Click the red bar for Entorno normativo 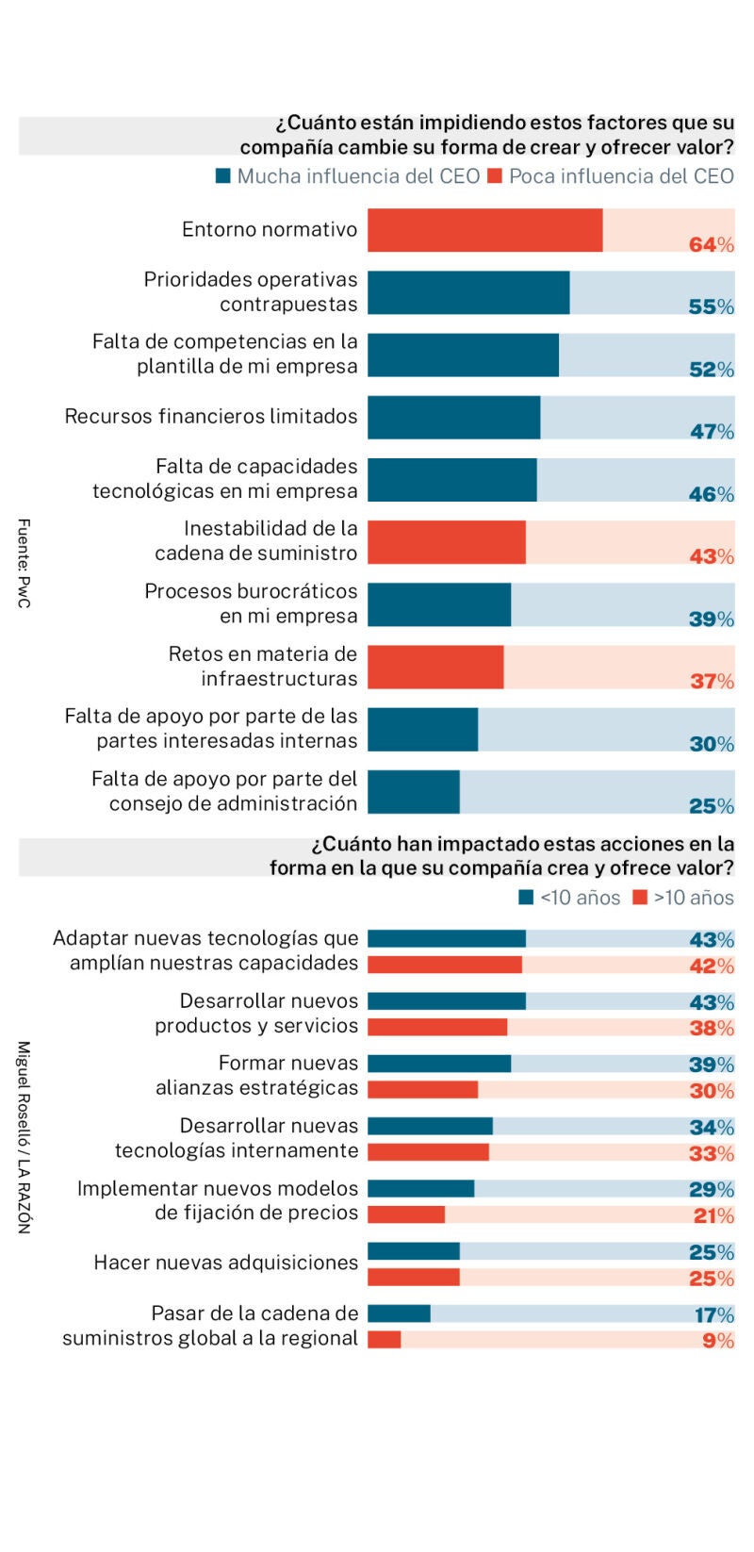pos(484,230)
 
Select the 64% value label pos(711,244)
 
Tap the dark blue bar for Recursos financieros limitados pos(453,417)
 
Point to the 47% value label pos(711,431)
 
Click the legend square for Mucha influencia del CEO pos(223,176)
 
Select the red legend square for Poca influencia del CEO pos(495,176)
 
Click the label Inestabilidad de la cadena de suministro pos(255,540)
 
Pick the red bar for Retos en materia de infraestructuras pos(435,667)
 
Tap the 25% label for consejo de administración pos(711,805)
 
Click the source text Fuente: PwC pos(25,563)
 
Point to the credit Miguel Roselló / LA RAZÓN pos(25,1136)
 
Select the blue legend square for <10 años pos(526,898)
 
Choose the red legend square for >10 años pos(640,898)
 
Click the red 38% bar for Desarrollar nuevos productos pos(437,1027)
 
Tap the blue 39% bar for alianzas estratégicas pos(439,1064)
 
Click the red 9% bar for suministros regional pos(384,1339)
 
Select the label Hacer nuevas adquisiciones pos(225,1263)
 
